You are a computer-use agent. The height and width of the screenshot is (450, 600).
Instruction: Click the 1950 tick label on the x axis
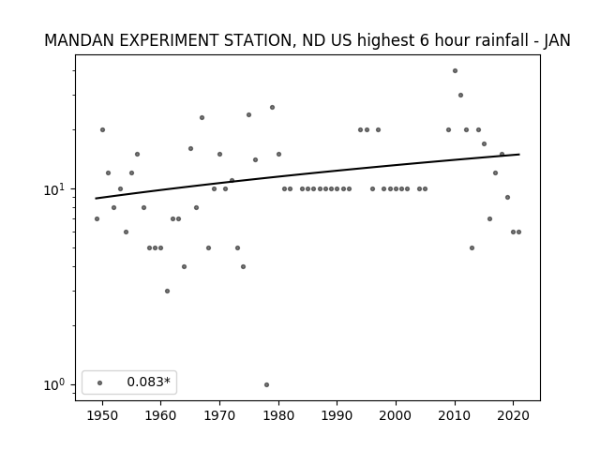tap(102, 415)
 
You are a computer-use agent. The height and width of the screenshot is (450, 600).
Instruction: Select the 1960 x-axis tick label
tap(160, 415)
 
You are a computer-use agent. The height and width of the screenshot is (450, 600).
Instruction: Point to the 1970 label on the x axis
tap(219, 415)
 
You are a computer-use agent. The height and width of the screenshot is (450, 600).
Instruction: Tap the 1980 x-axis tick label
tap(278, 415)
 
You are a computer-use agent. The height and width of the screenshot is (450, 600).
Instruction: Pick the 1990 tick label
tap(337, 415)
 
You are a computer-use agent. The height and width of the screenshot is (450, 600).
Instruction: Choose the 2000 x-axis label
tap(396, 415)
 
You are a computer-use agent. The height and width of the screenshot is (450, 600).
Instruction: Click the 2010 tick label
tap(455, 415)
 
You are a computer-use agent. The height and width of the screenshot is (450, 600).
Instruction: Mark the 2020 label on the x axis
tap(514, 415)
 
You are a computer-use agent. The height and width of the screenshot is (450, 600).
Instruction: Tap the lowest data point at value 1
tap(266, 385)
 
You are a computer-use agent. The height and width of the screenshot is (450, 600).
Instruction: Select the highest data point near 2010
tap(455, 71)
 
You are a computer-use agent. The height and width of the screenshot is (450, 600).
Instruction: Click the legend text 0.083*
tap(148, 382)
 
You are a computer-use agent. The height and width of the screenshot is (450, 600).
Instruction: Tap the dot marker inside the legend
tap(100, 382)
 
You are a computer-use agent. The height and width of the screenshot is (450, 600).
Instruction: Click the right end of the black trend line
tap(519, 154)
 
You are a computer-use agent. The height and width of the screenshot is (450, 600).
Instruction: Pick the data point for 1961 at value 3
tap(167, 292)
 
